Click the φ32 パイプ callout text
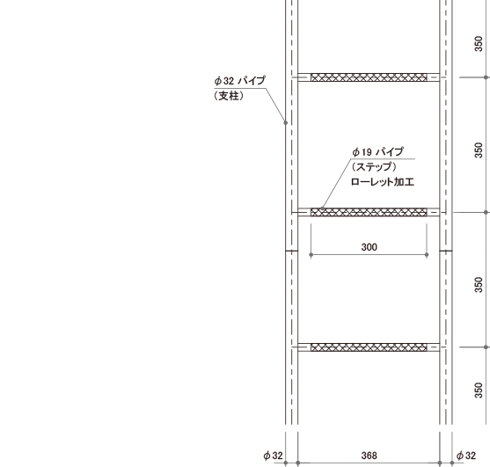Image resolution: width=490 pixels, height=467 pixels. click(239, 81)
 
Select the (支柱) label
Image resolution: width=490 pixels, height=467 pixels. click(229, 96)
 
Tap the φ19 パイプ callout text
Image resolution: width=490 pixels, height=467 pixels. click(377, 152)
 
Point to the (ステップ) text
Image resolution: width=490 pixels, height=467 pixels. click(374, 166)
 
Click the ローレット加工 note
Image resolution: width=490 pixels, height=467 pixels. click(383, 182)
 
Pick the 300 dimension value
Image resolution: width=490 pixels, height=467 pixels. click(369, 247)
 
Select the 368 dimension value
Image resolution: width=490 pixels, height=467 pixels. click(369, 456)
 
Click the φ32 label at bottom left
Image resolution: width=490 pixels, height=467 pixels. click(273, 456)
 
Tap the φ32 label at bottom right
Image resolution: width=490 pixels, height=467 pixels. click(466, 456)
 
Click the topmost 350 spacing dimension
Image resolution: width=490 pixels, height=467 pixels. click(479, 44)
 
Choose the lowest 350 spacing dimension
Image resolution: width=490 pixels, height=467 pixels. click(479, 390)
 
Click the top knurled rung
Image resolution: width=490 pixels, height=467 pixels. click(369, 77)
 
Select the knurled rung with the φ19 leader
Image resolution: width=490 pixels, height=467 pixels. click(369, 212)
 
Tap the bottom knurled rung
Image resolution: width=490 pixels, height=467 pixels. click(369, 347)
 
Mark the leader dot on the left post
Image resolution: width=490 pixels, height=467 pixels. click(285, 123)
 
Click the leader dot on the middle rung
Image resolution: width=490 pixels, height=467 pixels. click(322, 208)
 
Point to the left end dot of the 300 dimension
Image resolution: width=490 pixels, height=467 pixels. click(311, 255)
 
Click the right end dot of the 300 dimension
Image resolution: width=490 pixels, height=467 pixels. click(427, 255)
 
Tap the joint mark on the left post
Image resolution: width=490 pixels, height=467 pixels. click(291, 251)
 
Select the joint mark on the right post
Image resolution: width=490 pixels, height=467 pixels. click(446, 251)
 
